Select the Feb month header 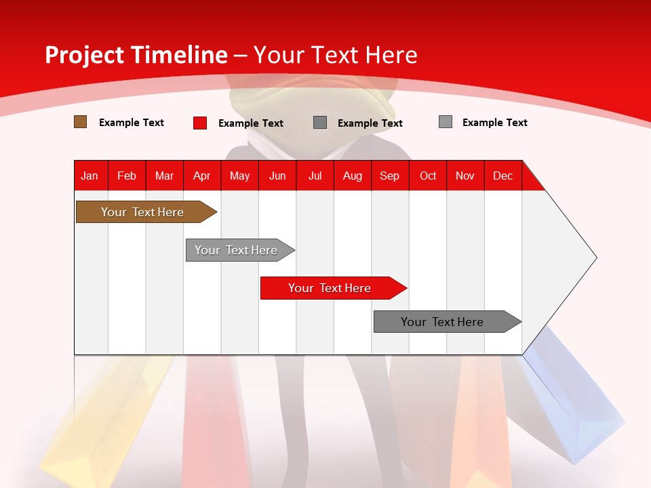127,176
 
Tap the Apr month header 202,176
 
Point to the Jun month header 277,176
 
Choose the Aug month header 353,176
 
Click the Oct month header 428,176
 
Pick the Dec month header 502,176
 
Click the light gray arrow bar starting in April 240,250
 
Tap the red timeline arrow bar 334,288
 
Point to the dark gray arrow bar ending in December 448,321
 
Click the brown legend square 80,121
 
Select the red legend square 200,123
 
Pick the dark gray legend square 319,123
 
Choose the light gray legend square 446,121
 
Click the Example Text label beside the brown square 131,123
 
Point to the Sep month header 390,176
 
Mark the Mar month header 164,176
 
